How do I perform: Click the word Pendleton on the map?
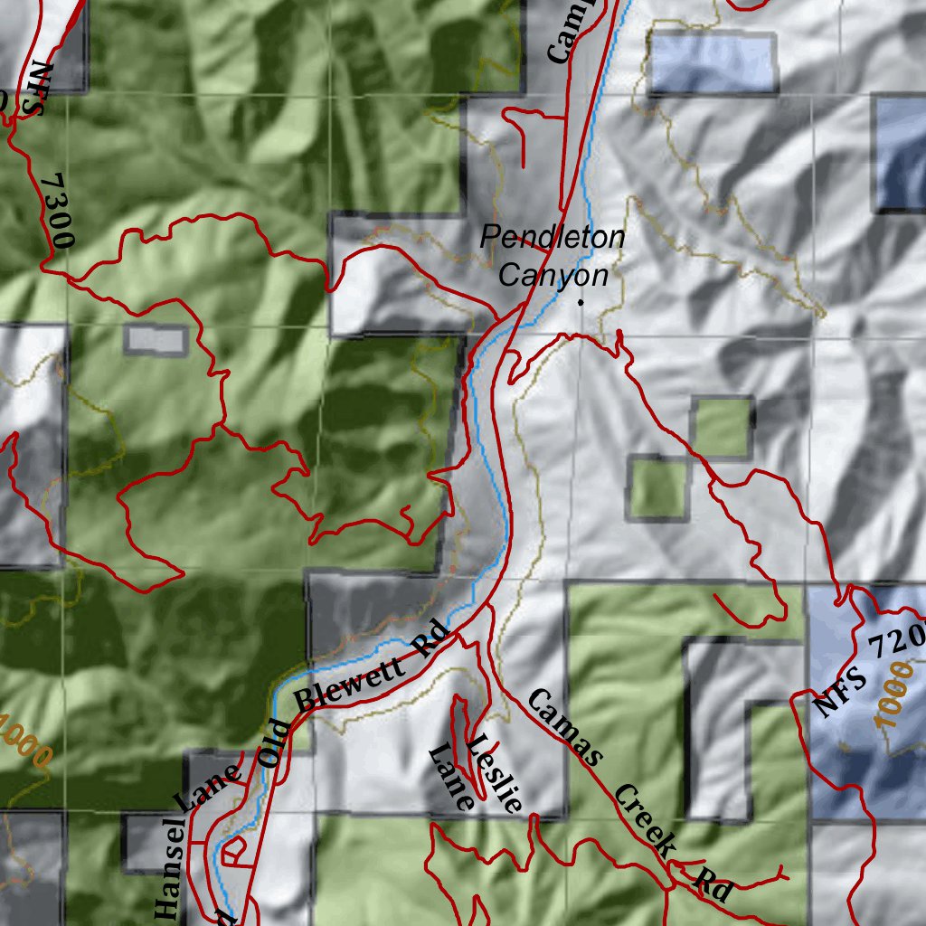[x=552, y=238]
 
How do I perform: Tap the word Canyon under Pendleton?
[x=553, y=275]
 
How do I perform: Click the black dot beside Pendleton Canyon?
[x=581, y=303]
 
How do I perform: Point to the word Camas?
[x=562, y=727]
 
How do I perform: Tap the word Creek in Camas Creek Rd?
[x=645, y=821]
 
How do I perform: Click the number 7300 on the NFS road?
[x=57, y=211]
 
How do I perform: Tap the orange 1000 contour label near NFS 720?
[x=894, y=694]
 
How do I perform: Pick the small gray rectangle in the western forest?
[x=156, y=339]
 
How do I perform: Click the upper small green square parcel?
[x=723, y=426]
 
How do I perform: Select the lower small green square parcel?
[x=657, y=488]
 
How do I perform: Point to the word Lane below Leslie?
[x=451, y=777]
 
